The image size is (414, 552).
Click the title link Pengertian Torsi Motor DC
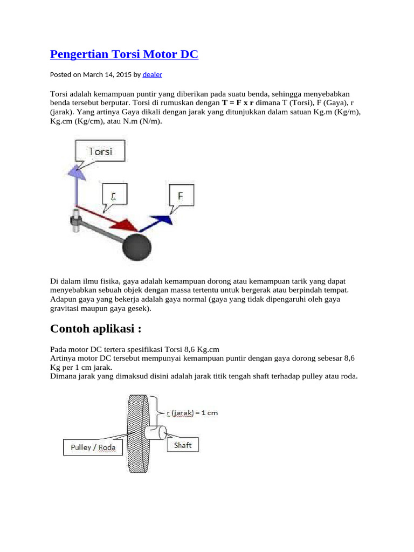[124, 54]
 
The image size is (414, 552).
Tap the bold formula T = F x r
[238, 102]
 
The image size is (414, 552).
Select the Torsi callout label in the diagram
[100, 151]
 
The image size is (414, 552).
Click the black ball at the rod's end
[137, 246]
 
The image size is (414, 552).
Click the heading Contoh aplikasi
[99, 329]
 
